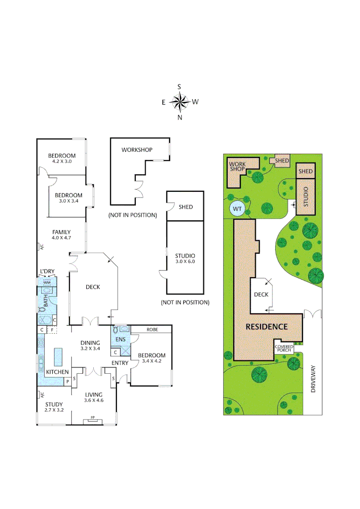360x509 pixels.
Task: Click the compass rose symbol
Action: point(180,101)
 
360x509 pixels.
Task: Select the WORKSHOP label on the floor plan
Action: point(137,150)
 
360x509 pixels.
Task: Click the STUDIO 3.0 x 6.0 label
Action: point(185,259)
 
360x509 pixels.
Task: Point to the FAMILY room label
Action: point(61,235)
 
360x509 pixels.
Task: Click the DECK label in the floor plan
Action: point(92,287)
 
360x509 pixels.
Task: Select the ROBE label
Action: point(152,329)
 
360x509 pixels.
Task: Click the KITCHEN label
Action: point(57,372)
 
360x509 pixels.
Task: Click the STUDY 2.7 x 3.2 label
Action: point(54,407)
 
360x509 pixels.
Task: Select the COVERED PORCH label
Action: point(284,348)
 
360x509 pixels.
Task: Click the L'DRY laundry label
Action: point(48,271)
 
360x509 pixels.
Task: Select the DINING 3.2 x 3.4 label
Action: point(90,345)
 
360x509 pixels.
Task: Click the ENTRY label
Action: point(120,362)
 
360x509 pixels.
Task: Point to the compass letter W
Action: point(196,101)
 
